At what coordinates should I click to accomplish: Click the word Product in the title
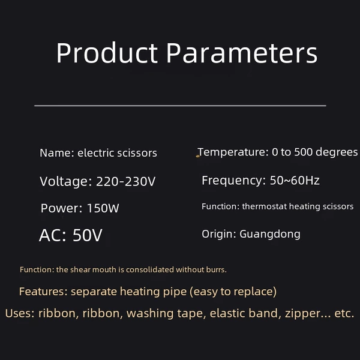pyautogui.click(x=107, y=53)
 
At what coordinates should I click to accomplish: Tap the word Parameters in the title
pyautogui.click(x=242, y=53)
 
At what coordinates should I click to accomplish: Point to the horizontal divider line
pyautogui.click(x=180, y=106)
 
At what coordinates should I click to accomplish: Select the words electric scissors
pyautogui.click(x=118, y=153)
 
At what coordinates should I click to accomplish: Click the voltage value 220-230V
pyautogui.click(x=125, y=181)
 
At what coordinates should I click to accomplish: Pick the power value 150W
pyautogui.click(x=103, y=208)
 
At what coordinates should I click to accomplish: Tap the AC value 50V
pyautogui.click(x=88, y=235)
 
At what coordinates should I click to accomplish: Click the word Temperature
pyautogui.click(x=233, y=152)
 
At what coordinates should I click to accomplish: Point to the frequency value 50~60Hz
pyautogui.click(x=295, y=180)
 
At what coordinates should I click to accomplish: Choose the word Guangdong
pyautogui.click(x=270, y=235)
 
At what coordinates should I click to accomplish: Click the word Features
pyautogui.click(x=43, y=292)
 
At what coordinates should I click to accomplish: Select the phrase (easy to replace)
pyautogui.click(x=233, y=292)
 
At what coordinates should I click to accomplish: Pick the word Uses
pyautogui.click(x=20, y=313)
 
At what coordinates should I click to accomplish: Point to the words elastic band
pyautogui.click(x=244, y=313)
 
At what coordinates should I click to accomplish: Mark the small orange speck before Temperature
pyautogui.click(x=197, y=157)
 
